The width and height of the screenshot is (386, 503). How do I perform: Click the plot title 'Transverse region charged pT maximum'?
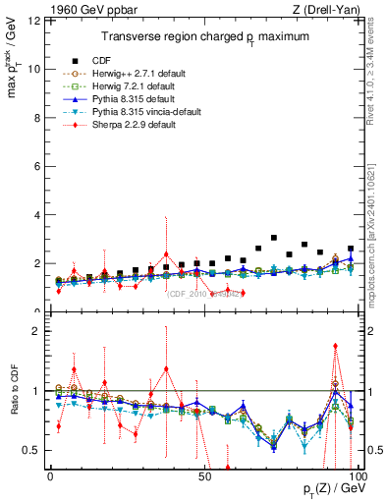[x=200, y=36]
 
